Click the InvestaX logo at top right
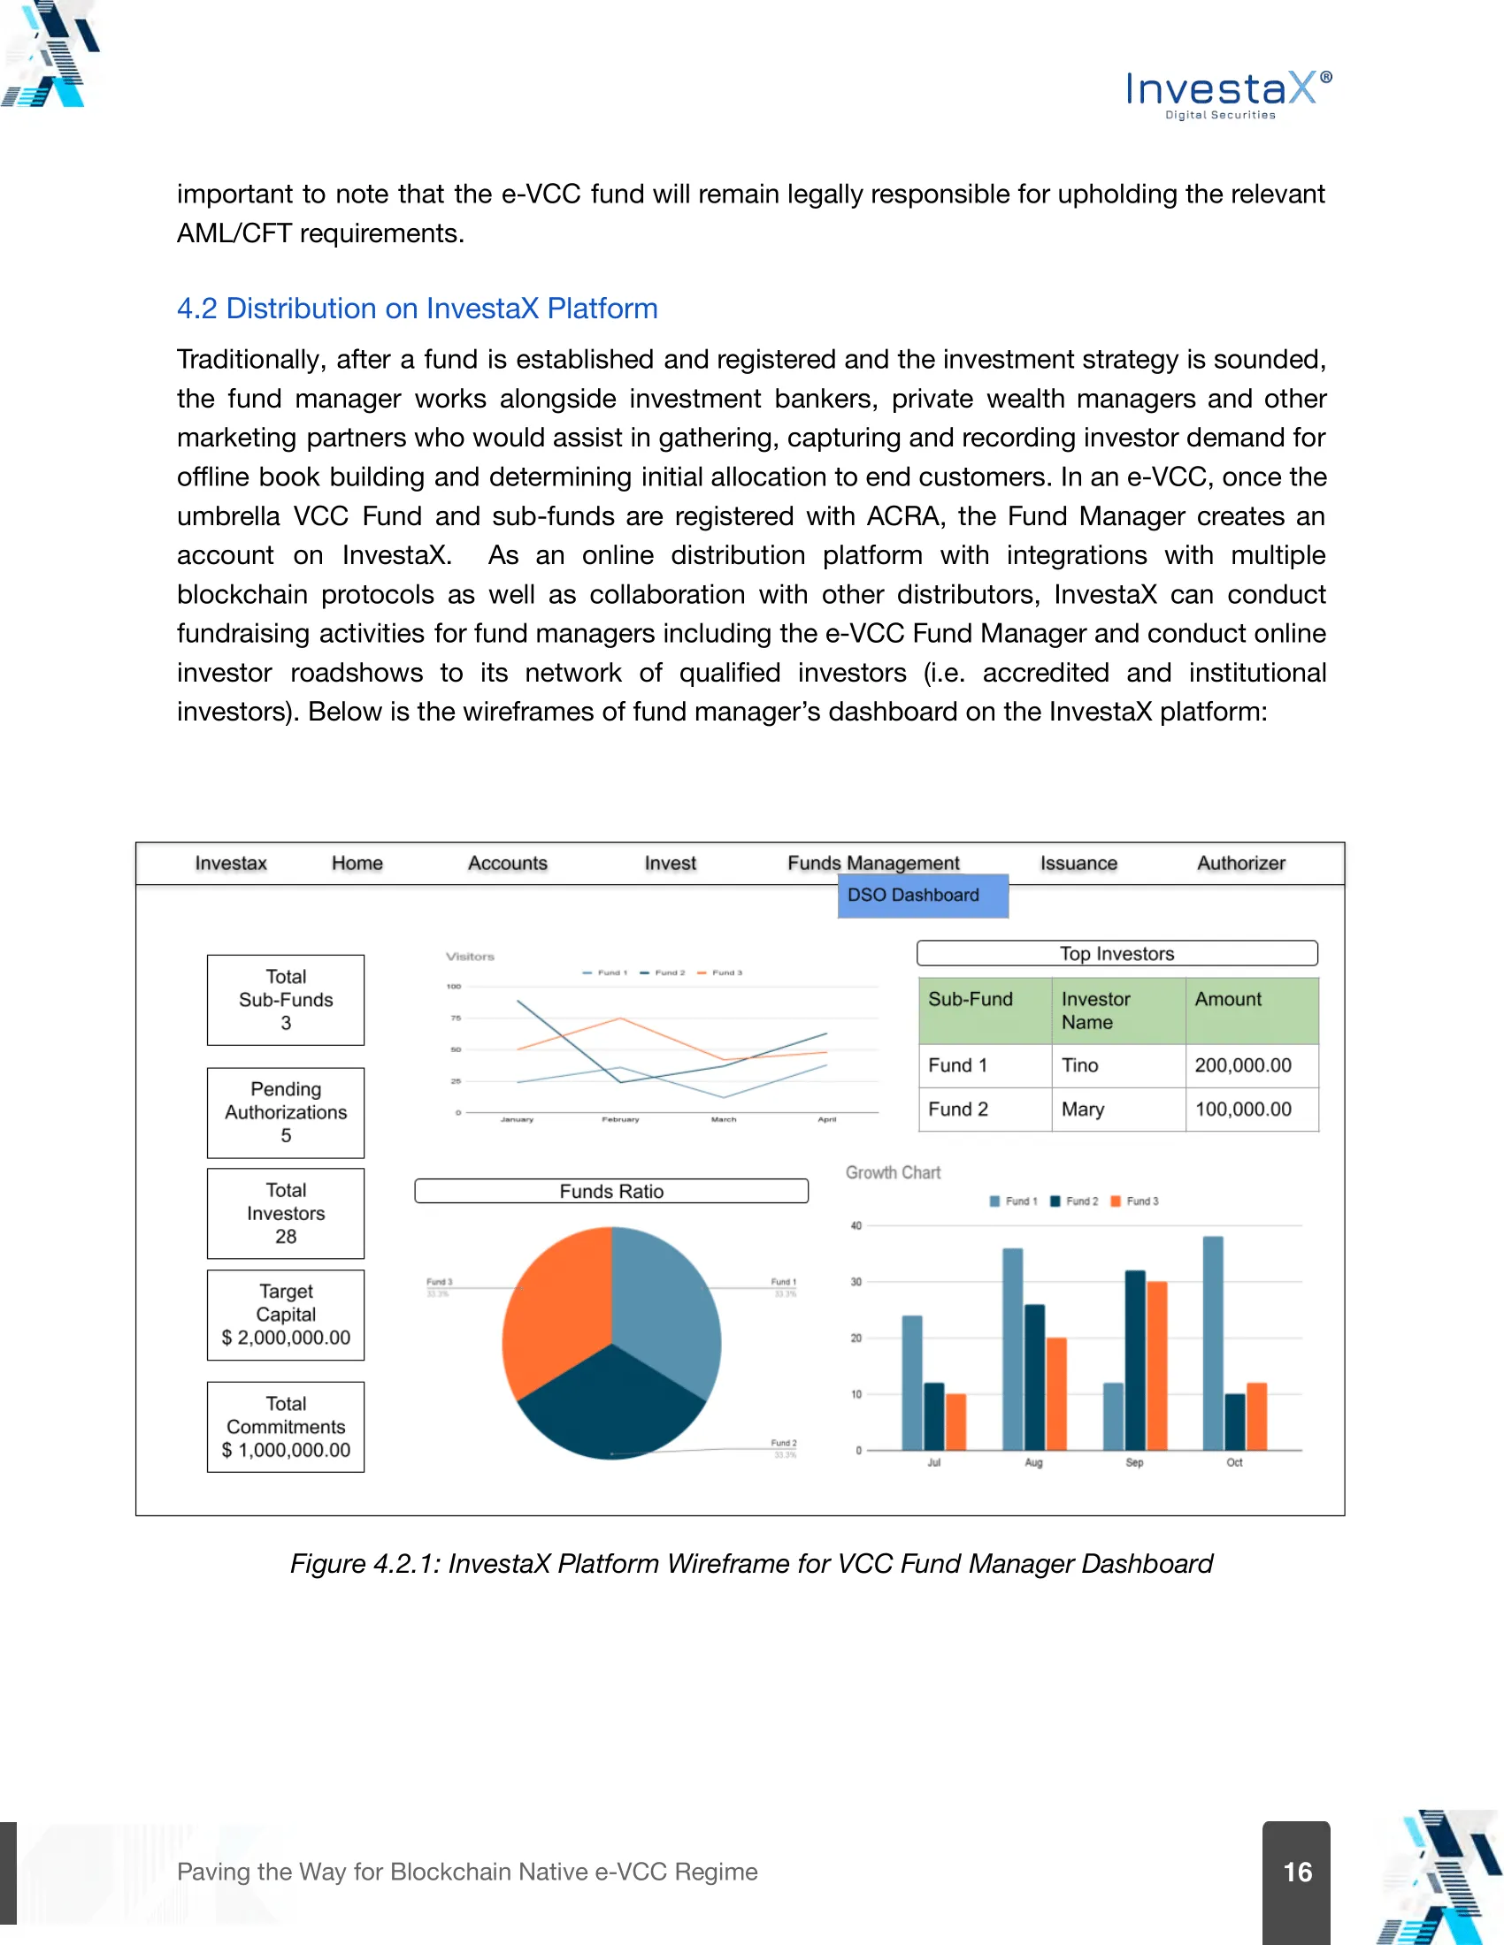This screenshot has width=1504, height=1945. (1229, 93)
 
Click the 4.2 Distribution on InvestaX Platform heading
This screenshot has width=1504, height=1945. (417, 309)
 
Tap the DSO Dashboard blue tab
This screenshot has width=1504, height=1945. (921, 895)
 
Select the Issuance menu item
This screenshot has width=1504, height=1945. (1078, 863)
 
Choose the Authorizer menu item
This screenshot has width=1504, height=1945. (1240, 863)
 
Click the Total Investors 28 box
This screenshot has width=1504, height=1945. (285, 1213)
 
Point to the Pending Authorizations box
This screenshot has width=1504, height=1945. (285, 1112)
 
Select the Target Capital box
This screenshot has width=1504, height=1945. (285, 1315)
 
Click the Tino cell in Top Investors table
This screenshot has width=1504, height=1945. (1080, 1065)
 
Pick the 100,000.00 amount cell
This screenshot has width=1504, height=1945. (1243, 1109)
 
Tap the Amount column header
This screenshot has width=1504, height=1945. (1228, 1000)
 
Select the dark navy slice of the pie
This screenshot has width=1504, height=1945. (611, 1407)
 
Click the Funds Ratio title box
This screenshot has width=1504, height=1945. (611, 1192)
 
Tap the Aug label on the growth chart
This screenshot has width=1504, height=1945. (1033, 1462)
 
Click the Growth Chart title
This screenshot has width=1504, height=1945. (893, 1173)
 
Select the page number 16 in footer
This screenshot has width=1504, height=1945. (1296, 1872)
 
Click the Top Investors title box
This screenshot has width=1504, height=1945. (1116, 954)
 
